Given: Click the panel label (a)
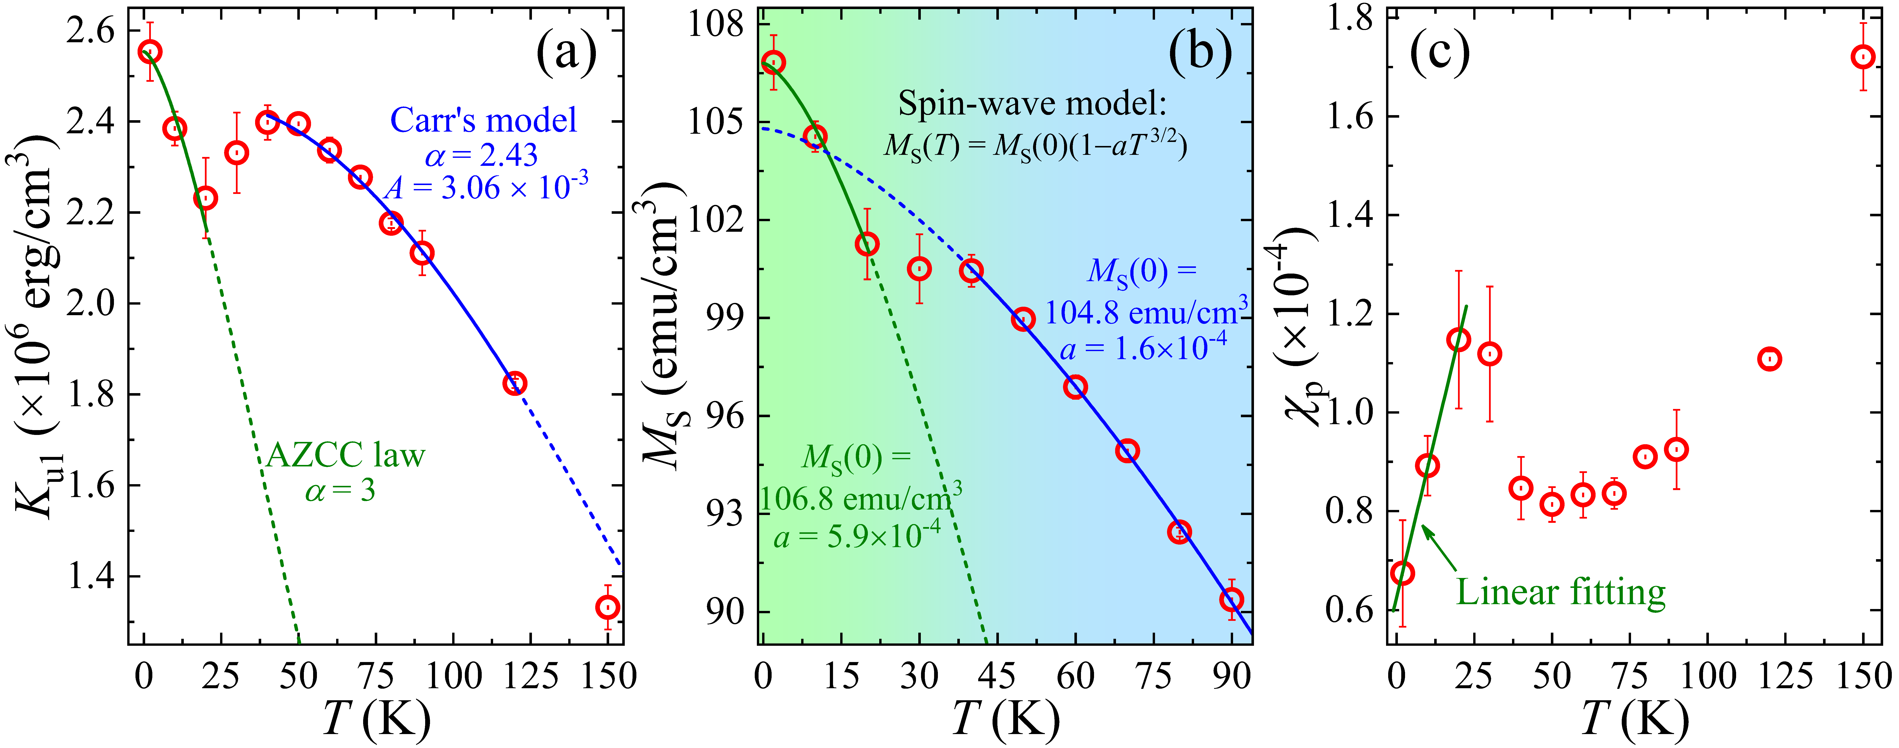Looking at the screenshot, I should [565, 55].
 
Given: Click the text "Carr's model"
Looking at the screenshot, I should [484, 120].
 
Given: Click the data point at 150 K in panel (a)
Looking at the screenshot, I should [607, 607].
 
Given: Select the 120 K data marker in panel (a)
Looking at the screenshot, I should [515, 384].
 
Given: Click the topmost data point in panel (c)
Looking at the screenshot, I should [1863, 57].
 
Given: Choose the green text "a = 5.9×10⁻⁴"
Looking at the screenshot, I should [857, 536].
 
